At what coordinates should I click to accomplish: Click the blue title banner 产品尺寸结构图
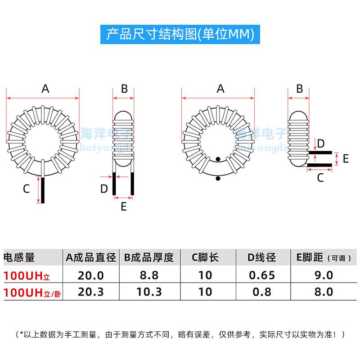click(180, 35)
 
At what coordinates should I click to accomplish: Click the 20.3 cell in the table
click(90, 292)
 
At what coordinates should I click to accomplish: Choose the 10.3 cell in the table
click(149, 292)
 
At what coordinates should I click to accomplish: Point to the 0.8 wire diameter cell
click(262, 292)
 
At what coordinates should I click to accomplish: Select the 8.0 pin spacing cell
click(324, 292)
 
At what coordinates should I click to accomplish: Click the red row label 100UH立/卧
click(31, 292)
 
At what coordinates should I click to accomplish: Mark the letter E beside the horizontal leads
click(346, 158)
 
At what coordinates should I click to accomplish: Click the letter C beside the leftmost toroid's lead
click(26, 189)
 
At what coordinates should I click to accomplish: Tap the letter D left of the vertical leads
click(104, 189)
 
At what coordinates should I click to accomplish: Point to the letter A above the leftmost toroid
click(45, 89)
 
